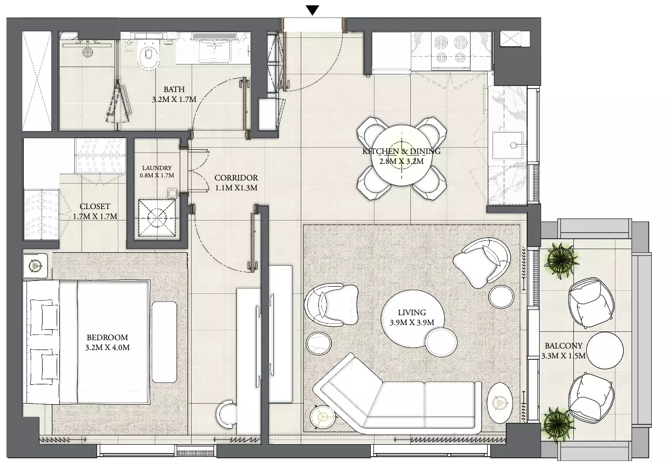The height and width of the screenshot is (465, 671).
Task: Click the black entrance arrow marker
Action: (x=313, y=10)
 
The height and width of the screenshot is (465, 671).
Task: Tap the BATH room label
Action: (x=174, y=89)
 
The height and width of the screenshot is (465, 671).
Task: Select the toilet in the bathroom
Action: (x=149, y=56)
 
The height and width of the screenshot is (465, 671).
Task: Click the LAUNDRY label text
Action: (x=157, y=168)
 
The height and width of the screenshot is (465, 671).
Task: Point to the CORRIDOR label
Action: (x=236, y=178)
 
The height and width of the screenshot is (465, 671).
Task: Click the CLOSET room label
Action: (x=95, y=206)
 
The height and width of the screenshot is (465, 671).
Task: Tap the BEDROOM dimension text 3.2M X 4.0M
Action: (x=108, y=347)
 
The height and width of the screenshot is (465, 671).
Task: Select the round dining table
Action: (x=401, y=156)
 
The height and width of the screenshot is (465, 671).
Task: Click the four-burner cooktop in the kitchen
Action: (x=450, y=49)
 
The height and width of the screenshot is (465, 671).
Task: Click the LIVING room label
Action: (x=412, y=313)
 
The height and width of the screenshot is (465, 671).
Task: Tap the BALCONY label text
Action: (x=563, y=346)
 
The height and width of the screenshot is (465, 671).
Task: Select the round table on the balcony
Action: (x=605, y=351)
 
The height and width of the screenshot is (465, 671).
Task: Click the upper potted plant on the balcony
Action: (x=561, y=260)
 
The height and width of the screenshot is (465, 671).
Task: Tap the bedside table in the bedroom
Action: (x=35, y=265)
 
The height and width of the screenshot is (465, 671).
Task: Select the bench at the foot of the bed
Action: (x=164, y=342)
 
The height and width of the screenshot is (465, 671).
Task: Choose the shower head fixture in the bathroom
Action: (x=87, y=50)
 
